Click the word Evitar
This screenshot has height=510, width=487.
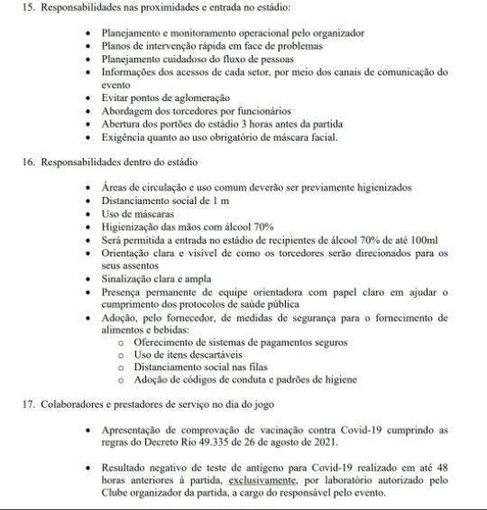[115, 97]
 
